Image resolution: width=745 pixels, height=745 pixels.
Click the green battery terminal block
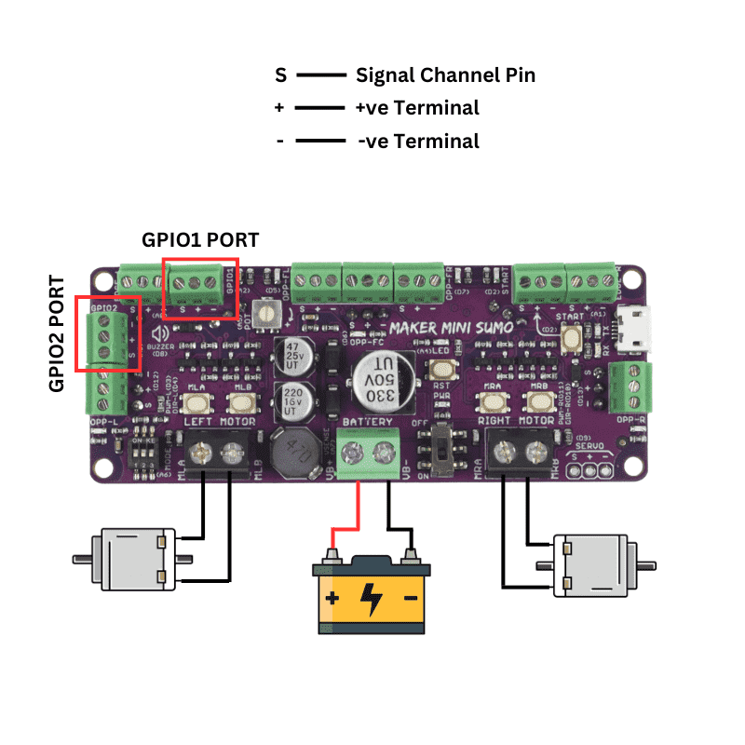point(367,454)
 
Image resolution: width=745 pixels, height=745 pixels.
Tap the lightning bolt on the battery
point(371,599)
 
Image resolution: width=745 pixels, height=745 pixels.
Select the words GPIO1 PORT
point(200,239)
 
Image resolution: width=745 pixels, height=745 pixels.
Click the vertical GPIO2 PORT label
point(58,332)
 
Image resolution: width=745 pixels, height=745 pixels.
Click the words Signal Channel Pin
point(445,75)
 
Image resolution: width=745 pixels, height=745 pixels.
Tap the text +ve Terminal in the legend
point(417,108)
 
